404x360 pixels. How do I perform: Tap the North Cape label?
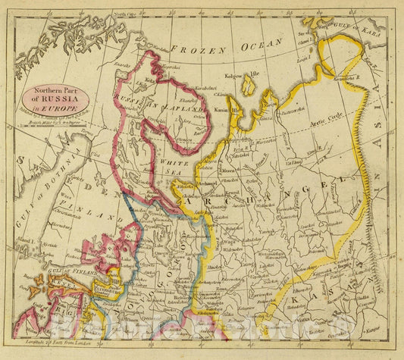(123, 14)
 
